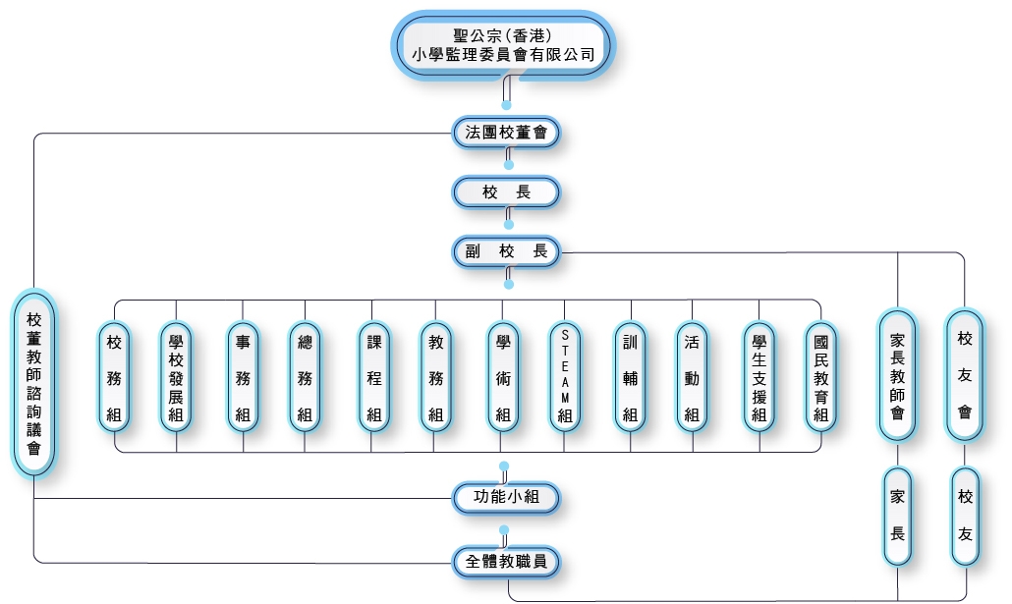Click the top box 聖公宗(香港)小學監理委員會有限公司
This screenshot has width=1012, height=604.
[x=504, y=45]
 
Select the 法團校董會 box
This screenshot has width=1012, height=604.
[x=506, y=133]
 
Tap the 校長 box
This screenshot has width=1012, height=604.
[x=506, y=192]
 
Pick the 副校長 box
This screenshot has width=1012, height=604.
[x=506, y=251]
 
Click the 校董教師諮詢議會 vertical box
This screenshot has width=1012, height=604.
[x=34, y=383]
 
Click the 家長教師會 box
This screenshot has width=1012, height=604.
[x=897, y=375]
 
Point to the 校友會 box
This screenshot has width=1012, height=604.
[x=965, y=375]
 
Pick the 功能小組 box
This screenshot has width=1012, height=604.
[x=506, y=498]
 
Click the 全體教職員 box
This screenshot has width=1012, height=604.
[x=506, y=562]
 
